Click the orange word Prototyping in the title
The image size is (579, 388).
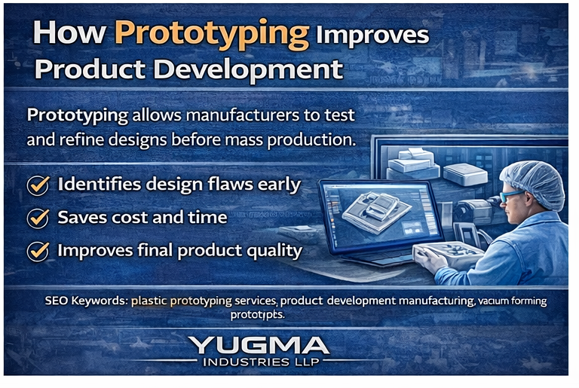[x=212, y=33]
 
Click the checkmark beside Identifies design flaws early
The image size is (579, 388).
[x=38, y=185]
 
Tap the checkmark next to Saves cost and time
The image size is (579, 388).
[x=38, y=218]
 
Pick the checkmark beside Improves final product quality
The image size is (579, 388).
[x=38, y=251]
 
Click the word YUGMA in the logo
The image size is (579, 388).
[x=259, y=347]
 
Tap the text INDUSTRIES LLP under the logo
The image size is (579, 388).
[x=259, y=362]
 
